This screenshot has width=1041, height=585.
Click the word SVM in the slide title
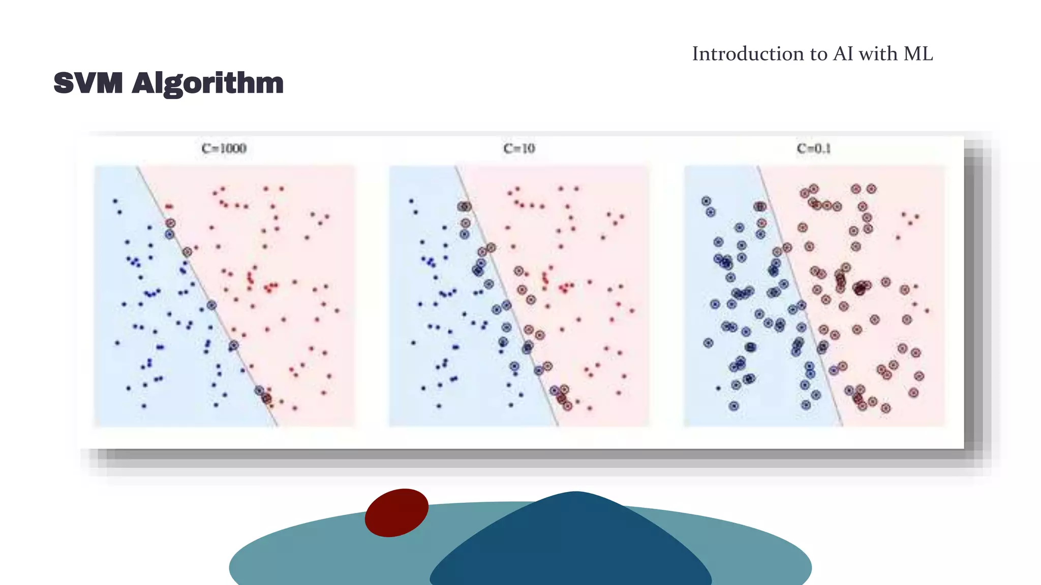click(x=88, y=83)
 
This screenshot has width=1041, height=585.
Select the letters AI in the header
click(x=843, y=54)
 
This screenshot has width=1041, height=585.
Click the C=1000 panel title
click(x=224, y=148)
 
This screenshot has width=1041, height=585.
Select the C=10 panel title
click(x=519, y=148)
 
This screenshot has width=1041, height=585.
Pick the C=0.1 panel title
click(x=814, y=148)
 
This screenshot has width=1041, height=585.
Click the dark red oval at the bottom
click(x=396, y=512)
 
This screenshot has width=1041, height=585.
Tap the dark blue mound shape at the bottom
click(x=572, y=548)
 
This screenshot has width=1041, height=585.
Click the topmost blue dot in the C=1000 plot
click(x=115, y=201)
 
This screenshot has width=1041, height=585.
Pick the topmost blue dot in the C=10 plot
click(x=411, y=201)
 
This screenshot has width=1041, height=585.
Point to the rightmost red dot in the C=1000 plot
click(x=338, y=310)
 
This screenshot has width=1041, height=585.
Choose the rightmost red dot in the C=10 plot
click(x=632, y=310)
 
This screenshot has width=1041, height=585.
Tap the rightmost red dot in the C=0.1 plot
click(x=927, y=310)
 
